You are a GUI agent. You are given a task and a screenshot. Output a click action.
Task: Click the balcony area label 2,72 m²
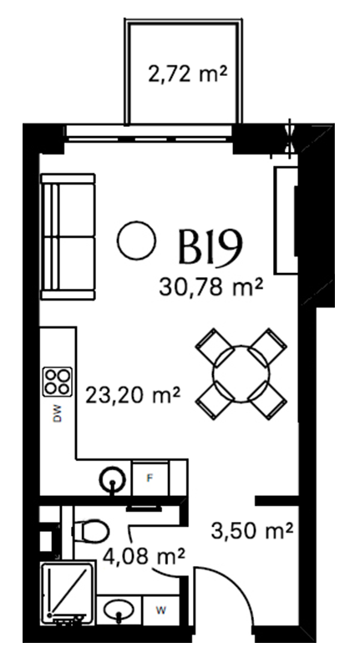[x=187, y=74]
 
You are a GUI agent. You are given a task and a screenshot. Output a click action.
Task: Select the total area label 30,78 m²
[x=210, y=286]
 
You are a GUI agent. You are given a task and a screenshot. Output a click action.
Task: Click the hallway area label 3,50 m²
[x=252, y=530]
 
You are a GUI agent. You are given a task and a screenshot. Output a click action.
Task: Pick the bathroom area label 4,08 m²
[x=144, y=555]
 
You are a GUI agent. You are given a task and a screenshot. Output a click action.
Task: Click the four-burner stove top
[x=58, y=382]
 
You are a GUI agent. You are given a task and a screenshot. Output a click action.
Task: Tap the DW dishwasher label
[x=58, y=413]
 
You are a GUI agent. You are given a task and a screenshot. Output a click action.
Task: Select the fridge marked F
[x=150, y=478]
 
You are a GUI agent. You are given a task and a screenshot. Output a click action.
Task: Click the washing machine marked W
[x=160, y=610]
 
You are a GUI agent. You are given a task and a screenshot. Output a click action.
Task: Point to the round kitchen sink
[x=112, y=479]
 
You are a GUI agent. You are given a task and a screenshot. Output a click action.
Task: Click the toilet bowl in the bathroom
[x=90, y=531]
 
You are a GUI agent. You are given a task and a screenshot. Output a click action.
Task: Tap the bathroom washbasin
[x=119, y=610]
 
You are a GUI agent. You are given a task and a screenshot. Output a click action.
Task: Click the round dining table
[x=241, y=374]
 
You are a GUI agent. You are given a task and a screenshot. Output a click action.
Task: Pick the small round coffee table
[x=136, y=240]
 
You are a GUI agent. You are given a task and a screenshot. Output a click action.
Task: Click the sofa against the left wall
[x=68, y=237]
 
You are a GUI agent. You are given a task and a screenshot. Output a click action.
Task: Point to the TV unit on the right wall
[x=286, y=220]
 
